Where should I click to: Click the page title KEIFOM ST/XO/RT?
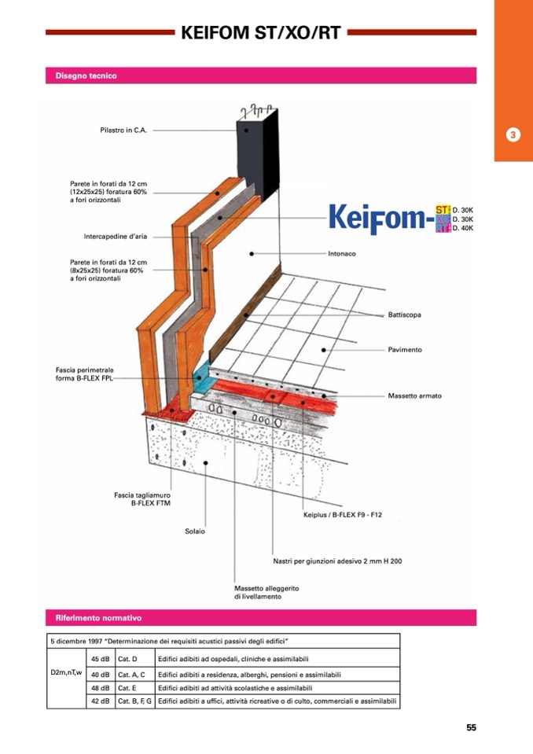pyautogui.click(x=260, y=33)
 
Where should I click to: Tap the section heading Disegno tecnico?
pyautogui.click(x=86, y=76)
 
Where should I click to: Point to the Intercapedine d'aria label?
pyautogui.click(x=116, y=236)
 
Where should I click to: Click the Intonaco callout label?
pyautogui.click(x=342, y=254)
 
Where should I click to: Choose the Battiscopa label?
pyautogui.click(x=404, y=315)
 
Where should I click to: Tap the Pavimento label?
pyautogui.click(x=404, y=349)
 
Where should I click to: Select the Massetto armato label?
pyautogui.click(x=414, y=395)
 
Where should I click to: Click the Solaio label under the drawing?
pyautogui.click(x=195, y=531)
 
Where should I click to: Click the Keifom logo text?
pyautogui.click(x=377, y=219)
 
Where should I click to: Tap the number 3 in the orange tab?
pyautogui.click(x=513, y=134)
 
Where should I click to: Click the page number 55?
pyautogui.click(x=471, y=727)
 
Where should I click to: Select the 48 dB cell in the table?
pyautogui.click(x=100, y=688)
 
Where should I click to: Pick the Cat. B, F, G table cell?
pyautogui.click(x=134, y=701)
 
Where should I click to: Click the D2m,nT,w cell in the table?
pyautogui.click(x=66, y=674)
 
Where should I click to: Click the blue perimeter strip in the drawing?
pyautogui.click(x=204, y=378)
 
